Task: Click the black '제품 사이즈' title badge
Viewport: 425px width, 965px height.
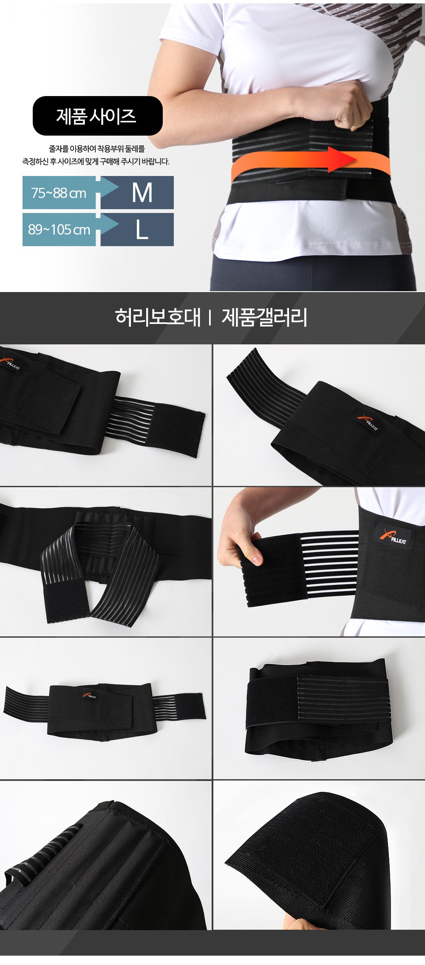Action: (97, 116)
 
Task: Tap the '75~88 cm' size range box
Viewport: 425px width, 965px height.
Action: (59, 193)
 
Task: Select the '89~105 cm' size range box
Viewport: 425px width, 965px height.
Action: (59, 230)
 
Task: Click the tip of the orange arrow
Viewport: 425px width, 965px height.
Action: (356, 159)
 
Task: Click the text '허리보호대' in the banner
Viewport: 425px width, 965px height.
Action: (157, 317)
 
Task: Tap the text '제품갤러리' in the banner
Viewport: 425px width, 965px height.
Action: (264, 317)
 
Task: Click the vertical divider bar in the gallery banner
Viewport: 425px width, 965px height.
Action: (210, 318)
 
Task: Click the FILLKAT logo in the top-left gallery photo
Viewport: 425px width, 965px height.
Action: (11, 364)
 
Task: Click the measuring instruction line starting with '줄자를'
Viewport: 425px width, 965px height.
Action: (97, 149)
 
